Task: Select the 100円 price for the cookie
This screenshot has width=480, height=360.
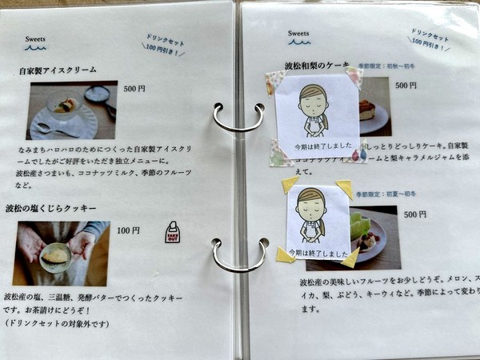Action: (128, 230)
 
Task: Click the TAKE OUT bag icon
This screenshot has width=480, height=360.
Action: (172, 232)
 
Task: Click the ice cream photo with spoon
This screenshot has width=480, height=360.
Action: (72, 110)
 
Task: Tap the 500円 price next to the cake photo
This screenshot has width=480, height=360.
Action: (406, 85)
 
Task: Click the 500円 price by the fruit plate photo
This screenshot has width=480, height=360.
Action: (415, 214)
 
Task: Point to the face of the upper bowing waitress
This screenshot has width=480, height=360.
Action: (313, 102)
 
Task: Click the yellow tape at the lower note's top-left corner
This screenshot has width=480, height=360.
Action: (290, 184)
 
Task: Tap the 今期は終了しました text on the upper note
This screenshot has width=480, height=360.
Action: (316, 146)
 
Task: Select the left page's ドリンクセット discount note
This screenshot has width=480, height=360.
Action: (164, 46)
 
